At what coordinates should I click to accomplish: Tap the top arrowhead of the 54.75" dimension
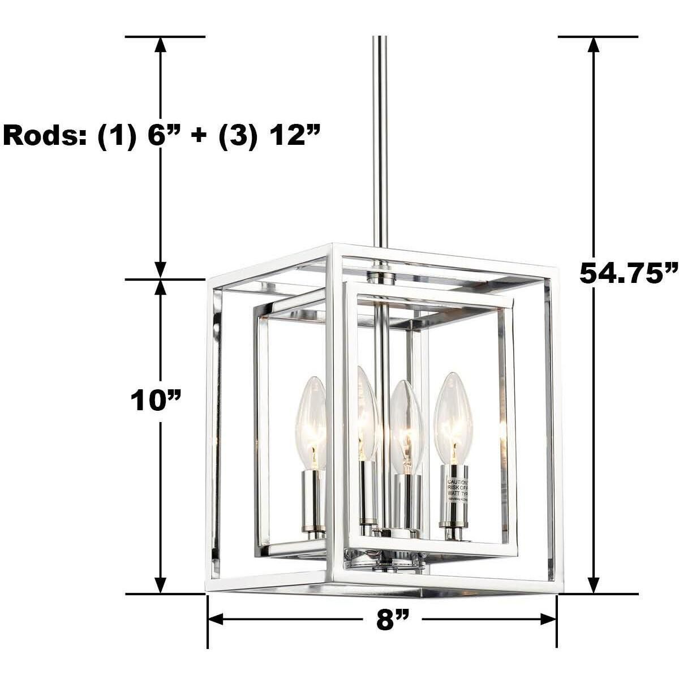594,45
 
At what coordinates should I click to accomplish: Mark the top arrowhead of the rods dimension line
161,45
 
